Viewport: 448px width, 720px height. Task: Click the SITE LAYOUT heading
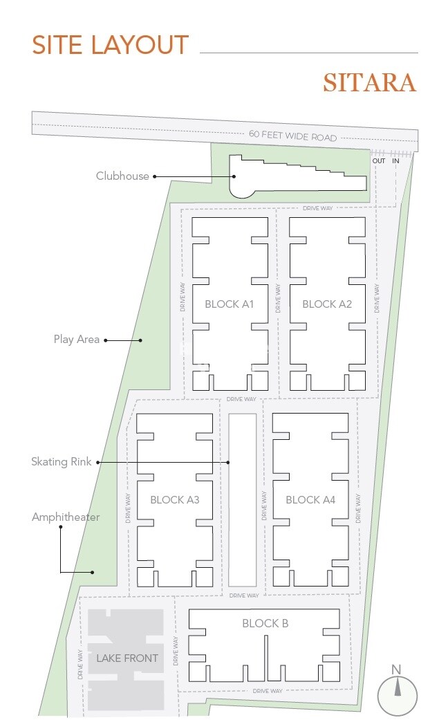(110, 45)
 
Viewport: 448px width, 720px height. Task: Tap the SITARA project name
(369, 83)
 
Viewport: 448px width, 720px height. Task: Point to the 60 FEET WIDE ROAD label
(293, 136)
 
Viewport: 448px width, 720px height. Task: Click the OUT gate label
(379, 160)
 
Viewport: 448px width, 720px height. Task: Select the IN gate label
(395, 160)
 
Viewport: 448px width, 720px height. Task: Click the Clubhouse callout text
(122, 176)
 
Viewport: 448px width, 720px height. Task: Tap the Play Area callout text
(76, 340)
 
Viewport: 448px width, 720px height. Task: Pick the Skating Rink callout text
(61, 461)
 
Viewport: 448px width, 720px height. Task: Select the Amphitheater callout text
(66, 517)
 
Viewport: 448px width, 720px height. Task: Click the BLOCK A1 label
(229, 304)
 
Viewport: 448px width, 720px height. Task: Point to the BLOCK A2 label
(327, 304)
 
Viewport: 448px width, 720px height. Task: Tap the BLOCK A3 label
(175, 499)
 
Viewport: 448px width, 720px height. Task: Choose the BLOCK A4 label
(310, 499)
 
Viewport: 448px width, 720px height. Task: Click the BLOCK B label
(265, 623)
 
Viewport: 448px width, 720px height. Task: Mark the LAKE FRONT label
(127, 658)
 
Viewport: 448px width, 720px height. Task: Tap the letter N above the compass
(396, 670)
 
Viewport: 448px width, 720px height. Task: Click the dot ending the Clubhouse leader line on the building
(234, 176)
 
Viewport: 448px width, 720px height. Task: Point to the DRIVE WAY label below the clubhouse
(317, 208)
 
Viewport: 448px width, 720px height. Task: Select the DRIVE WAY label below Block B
(268, 691)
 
